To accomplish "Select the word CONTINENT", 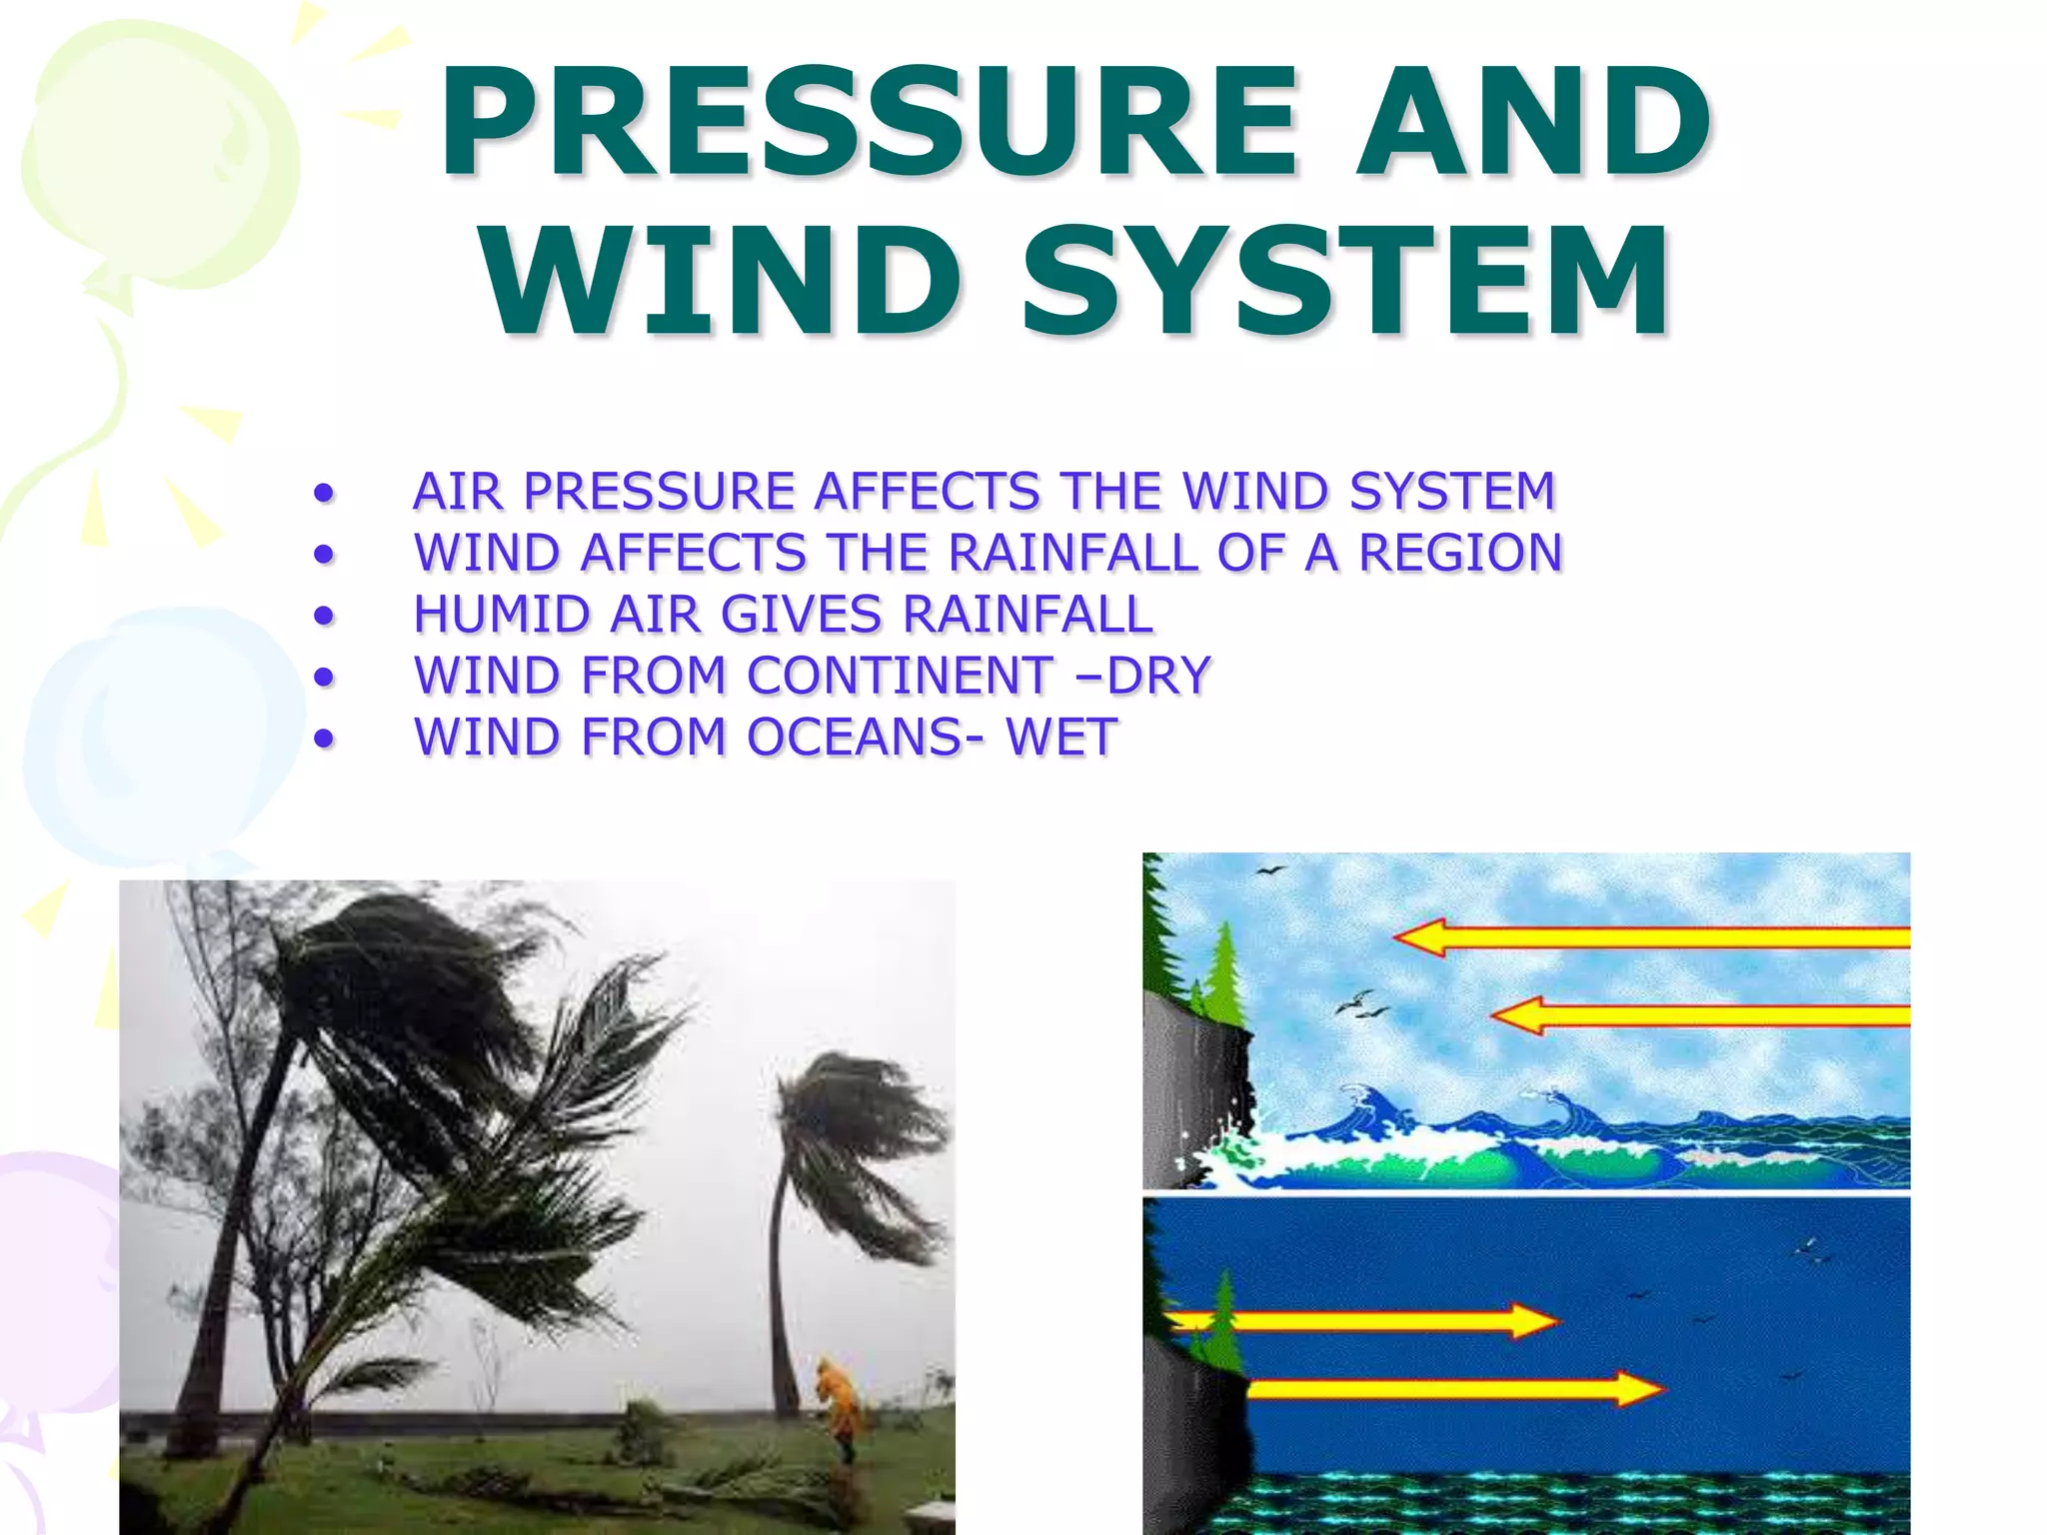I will [x=900, y=676].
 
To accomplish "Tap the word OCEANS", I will [x=855, y=738].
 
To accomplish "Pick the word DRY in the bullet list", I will [x=1159, y=676].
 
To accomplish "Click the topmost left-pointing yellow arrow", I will [x=1649, y=937].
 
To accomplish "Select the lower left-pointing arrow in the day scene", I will [x=1699, y=1016].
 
